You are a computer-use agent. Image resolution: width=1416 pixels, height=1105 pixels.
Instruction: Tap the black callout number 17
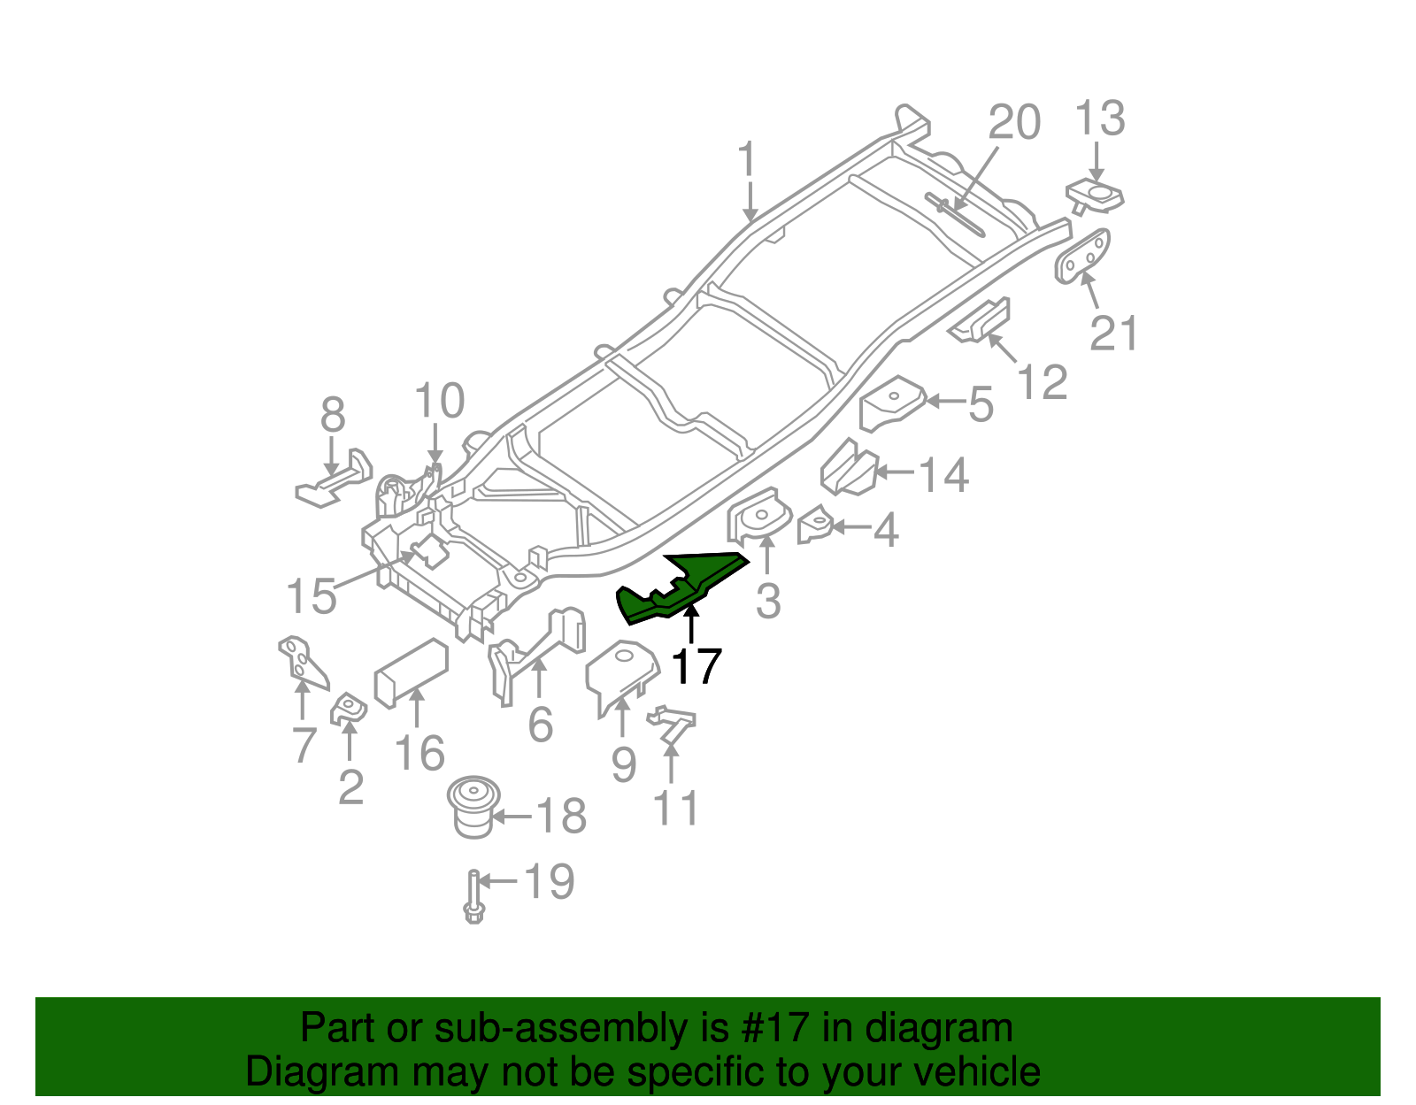[x=696, y=667]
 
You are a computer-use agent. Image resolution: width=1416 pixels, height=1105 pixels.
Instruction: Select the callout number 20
[x=1014, y=122]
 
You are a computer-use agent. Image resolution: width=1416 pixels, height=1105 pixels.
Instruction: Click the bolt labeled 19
[x=474, y=897]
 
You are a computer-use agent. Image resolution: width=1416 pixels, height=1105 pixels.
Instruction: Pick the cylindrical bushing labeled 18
[x=473, y=806]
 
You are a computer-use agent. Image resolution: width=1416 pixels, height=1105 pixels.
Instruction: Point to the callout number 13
[x=1100, y=119]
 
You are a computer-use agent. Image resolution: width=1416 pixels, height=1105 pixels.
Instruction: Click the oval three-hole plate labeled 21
[x=1083, y=257]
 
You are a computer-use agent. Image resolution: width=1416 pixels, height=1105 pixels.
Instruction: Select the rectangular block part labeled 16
[x=412, y=671]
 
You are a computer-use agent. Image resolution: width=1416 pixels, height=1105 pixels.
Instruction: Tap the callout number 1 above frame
[x=749, y=160]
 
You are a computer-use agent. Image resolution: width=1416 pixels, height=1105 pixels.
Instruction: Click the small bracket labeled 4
[x=814, y=526]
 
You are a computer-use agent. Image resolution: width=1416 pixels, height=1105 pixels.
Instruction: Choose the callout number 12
[x=1043, y=382]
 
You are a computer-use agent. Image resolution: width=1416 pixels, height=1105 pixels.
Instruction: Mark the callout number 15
[x=312, y=596]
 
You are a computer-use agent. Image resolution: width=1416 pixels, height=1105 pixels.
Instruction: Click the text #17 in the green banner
[x=772, y=1029]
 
